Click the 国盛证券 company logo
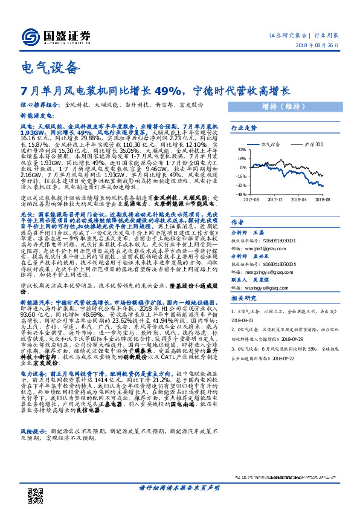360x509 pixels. [55, 36]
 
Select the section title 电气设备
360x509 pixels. [49, 68]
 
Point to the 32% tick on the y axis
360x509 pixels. [241, 149]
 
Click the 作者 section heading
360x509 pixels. [237, 221]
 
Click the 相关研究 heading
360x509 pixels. [244, 299]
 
